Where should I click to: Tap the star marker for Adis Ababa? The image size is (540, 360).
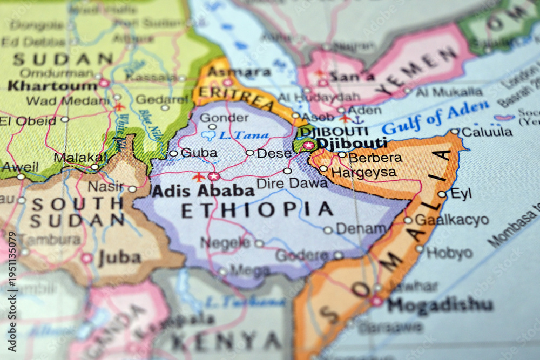[x=214, y=176]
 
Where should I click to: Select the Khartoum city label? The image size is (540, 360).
[x=52, y=85]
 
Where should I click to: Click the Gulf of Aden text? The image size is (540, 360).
[x=435, y=117]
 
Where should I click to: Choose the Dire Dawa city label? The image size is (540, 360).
[x=292, y=183]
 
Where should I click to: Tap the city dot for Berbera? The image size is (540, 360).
[x=342, y=154]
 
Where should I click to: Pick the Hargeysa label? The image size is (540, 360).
[x=363, y=173]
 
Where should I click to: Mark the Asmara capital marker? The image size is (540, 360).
[x=227, y=83]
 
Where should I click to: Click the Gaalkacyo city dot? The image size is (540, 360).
[x=408, y=220]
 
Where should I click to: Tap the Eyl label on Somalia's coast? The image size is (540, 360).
[x=461, y=193]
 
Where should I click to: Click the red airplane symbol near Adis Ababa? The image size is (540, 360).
[x=199, y=177]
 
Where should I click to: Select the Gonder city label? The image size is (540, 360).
[x=232, y=118]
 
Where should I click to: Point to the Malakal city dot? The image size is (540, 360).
[x=94, y=167]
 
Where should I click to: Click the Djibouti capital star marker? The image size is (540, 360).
[x=308, y=145]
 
